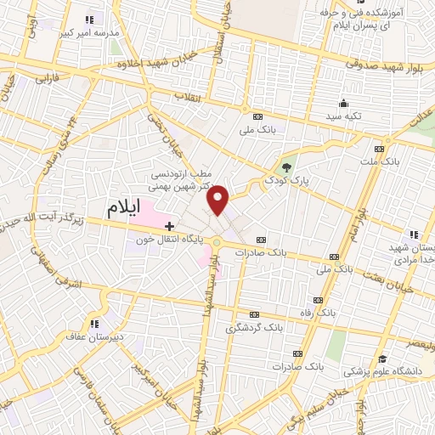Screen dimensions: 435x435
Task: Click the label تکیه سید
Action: click(346, 115)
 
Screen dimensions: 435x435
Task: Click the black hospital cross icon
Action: click(169, 226)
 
